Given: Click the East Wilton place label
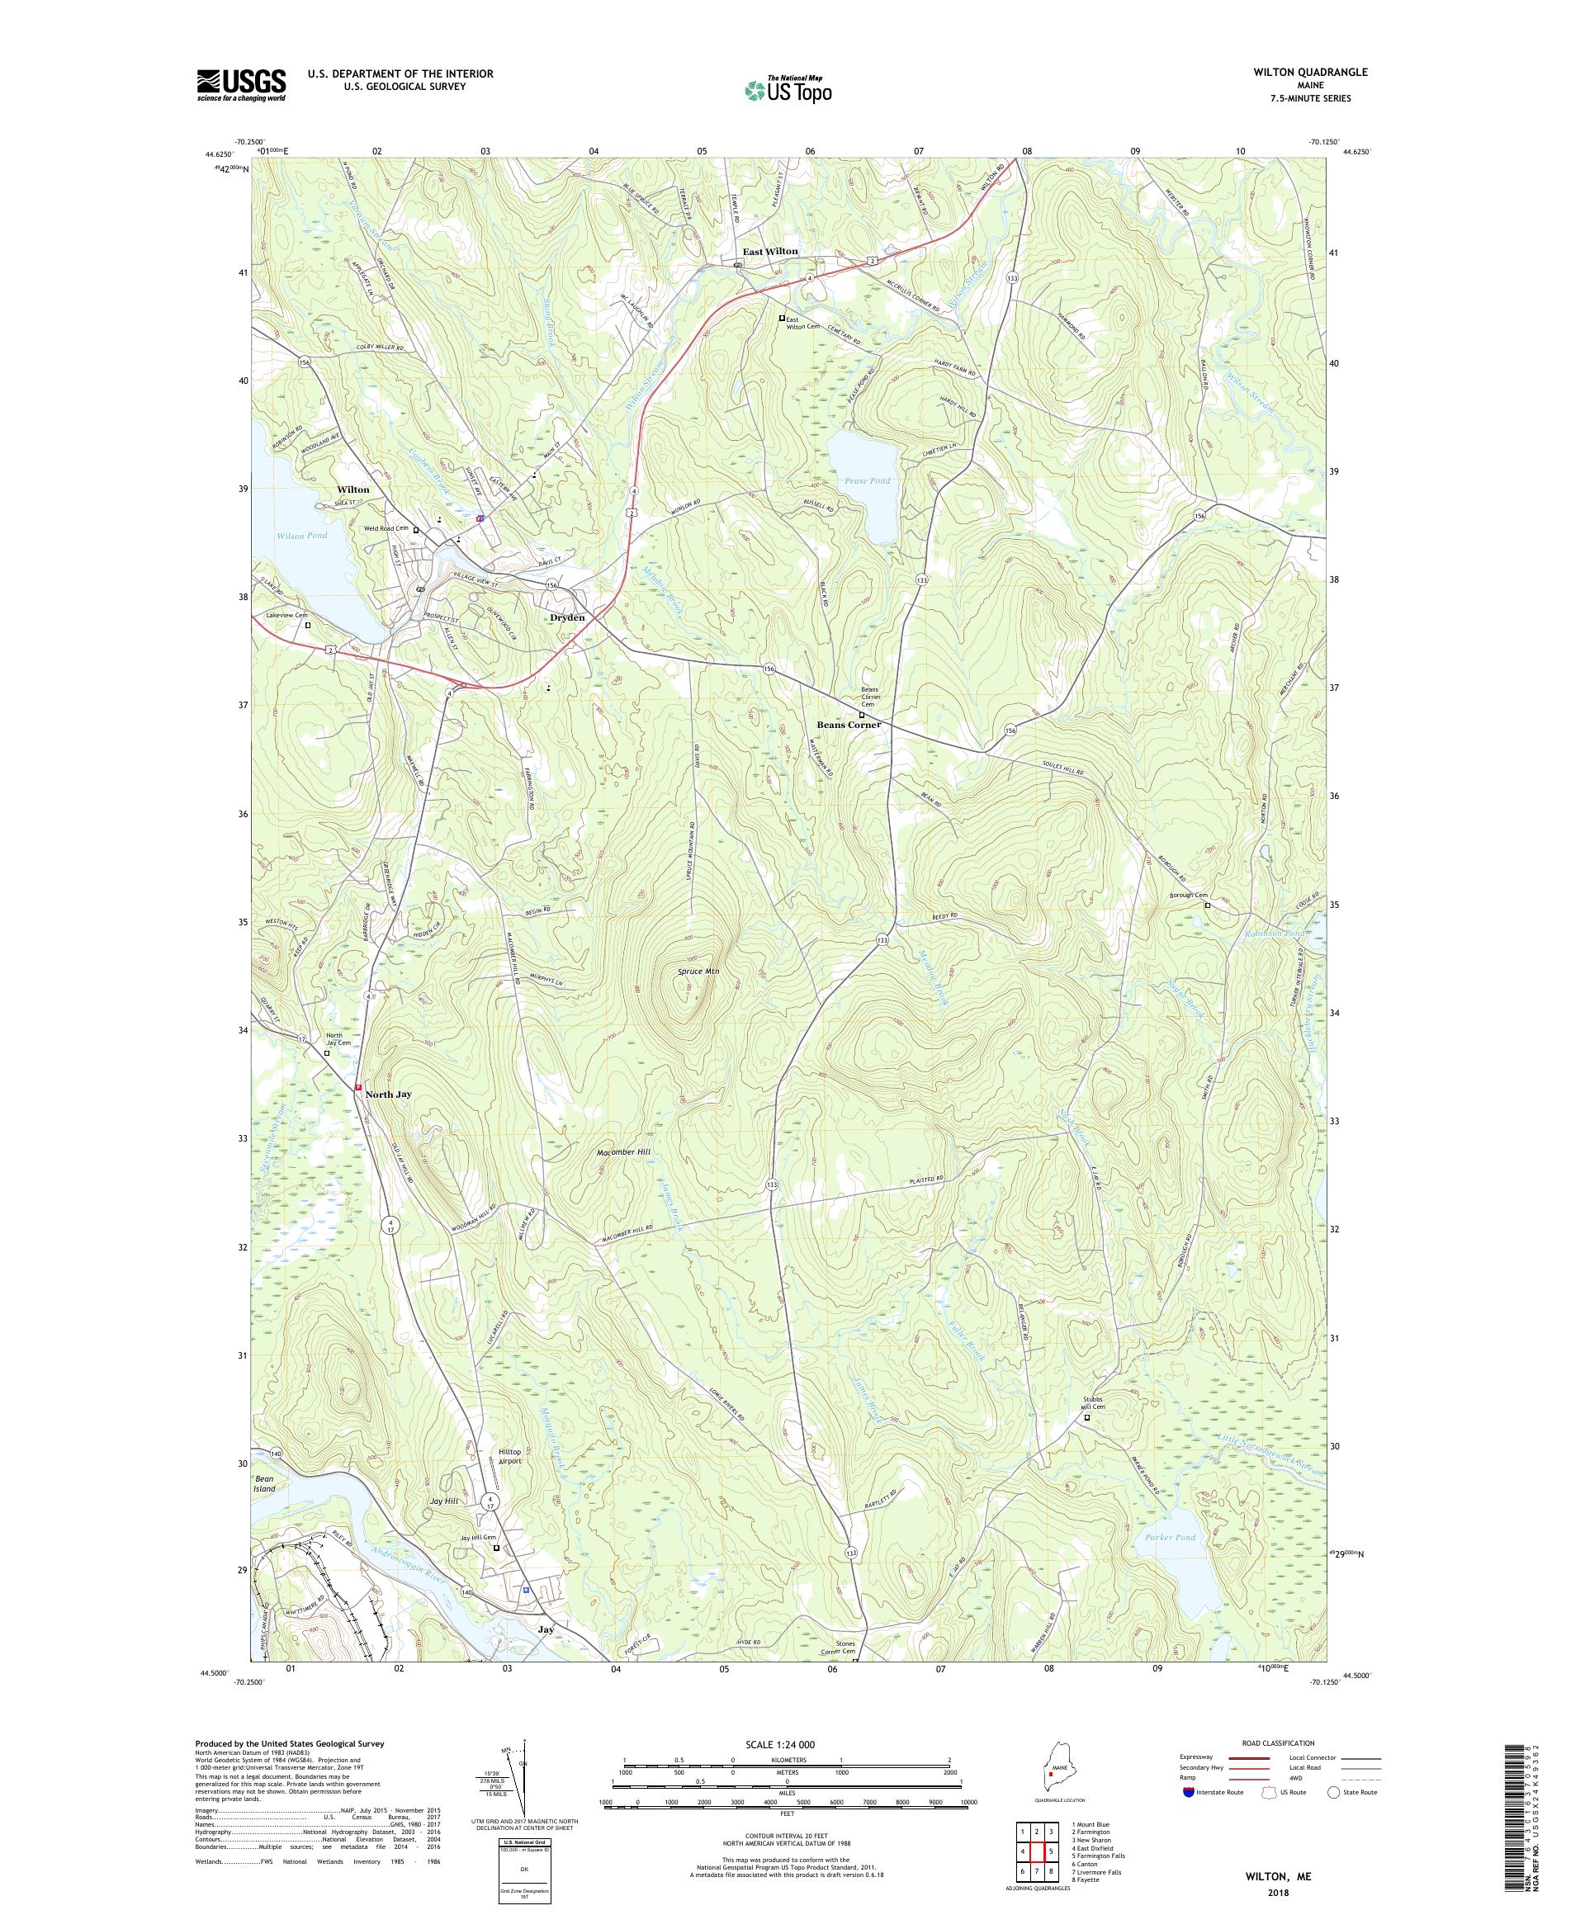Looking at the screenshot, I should [769, 251].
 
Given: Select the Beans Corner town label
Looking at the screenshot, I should [848, 724].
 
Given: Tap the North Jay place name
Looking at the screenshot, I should [389, 1095].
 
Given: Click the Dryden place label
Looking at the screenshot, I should [567, 617].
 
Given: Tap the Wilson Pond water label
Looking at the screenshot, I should [302, 535].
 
